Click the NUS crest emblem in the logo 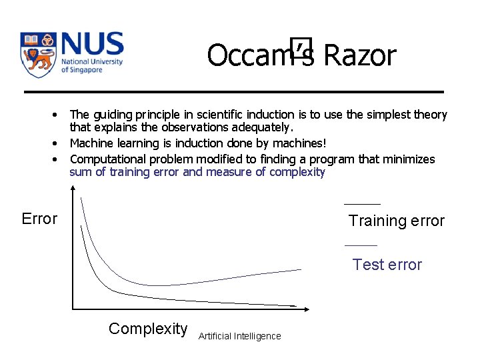pyautogui.click(x=38, y=55)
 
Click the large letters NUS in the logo pyautogui.click(x=92, y=44)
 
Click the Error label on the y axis pyautogui.click(x=39, y=219)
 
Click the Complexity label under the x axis pyautogui.click(x=148, y=329)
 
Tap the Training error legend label pyautogui.click(x=396, y=221)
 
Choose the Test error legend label pyautogui.click(x=387, y=265)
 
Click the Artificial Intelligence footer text pyautogui.click(x=239, y=336)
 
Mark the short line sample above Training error pyautogui.click(x=362, y=204)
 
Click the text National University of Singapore pyautogui.click(x=91, y=65)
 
